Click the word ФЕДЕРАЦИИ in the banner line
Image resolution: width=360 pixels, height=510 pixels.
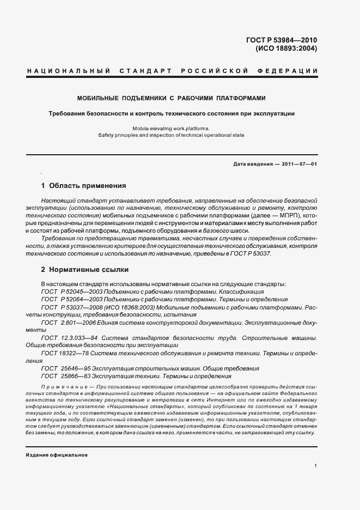point(291,72)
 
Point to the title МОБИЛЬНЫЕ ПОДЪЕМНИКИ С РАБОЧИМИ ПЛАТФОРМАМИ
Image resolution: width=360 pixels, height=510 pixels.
point(171,99)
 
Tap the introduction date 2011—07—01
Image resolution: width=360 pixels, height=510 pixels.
point(299,164)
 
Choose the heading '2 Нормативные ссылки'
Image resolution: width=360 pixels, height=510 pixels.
point(85,269)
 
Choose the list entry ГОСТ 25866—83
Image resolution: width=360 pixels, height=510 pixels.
point(65,376)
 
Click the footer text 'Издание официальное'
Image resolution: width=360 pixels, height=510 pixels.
point(56,455)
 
